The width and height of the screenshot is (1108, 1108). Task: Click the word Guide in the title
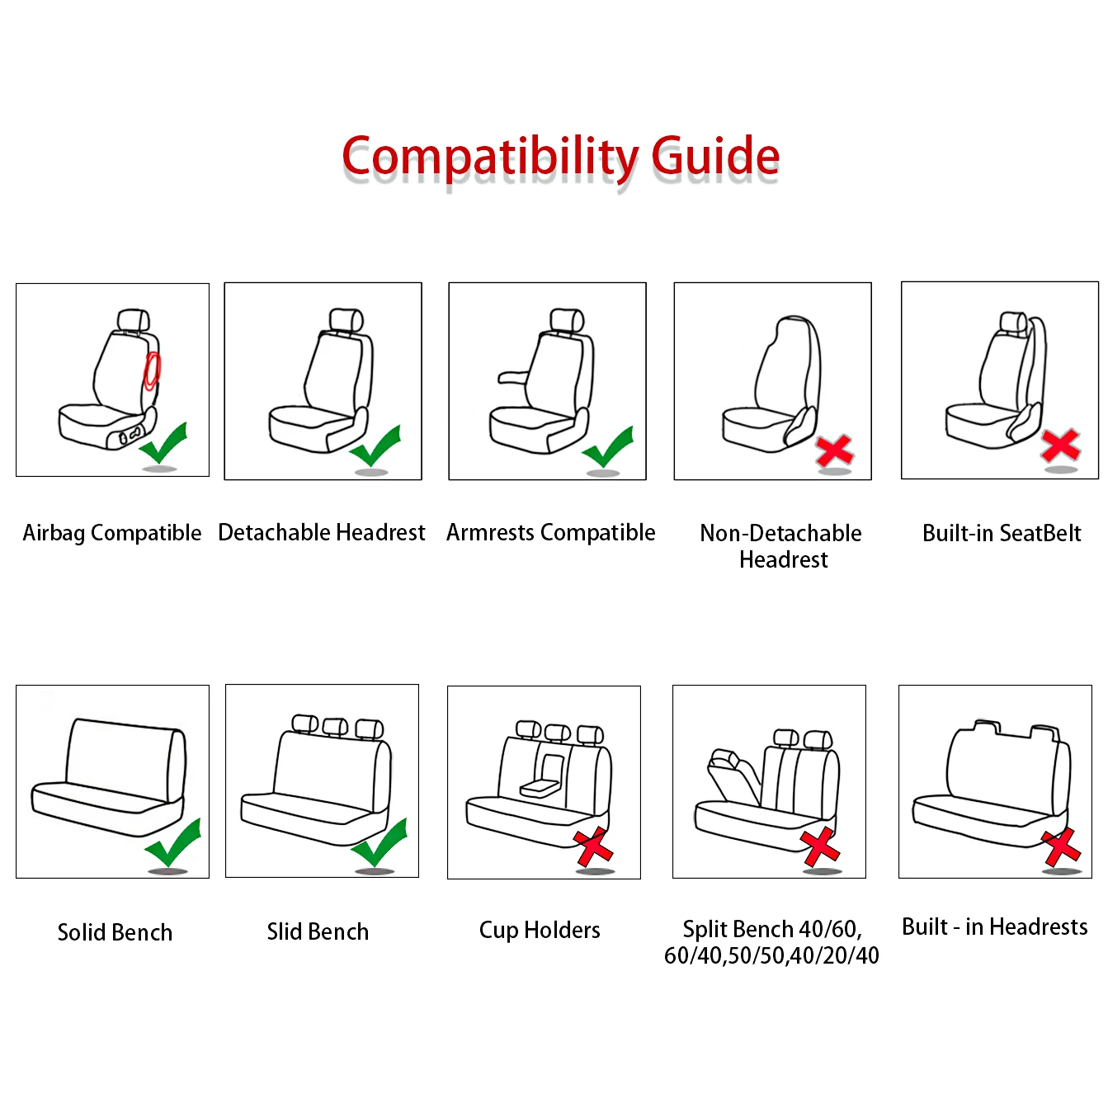[714, 156]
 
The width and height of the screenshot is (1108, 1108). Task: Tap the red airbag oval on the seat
[152, 370]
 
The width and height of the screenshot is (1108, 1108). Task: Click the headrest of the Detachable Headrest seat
[346, 320]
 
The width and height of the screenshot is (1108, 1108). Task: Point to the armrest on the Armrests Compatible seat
[515, 377]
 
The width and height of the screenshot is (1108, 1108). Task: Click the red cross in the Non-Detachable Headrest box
[834, 450]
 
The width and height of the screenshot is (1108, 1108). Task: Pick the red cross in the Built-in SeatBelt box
[1060, 446]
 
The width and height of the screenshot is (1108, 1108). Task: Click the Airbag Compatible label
[112, 533]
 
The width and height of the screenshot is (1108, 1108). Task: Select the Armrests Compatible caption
[550, 533]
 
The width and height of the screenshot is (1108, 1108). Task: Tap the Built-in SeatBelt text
[1001, 533]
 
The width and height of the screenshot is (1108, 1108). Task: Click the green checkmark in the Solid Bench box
[173, 843]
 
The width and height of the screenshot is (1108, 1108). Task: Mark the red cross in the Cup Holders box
[593, 848]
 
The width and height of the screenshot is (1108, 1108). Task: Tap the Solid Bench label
[115, 932]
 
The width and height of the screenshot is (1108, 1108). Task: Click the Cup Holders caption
[540, 930]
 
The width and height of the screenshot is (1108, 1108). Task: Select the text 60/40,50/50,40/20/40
[771, 955]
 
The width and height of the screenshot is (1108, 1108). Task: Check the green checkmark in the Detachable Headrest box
[376, 446]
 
